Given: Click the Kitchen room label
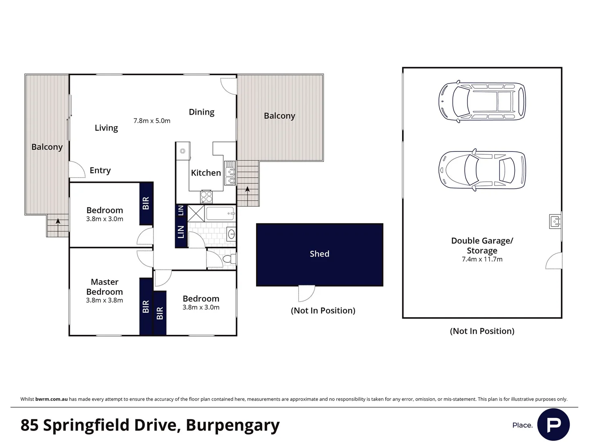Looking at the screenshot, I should [x=206, y=173].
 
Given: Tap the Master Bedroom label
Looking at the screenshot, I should [x=104, y=286].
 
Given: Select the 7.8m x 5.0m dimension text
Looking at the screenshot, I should [x=152, y=121].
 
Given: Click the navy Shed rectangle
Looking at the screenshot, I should [x=319, y=254].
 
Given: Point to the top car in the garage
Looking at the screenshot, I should [x=482, y=101].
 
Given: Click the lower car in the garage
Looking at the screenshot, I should [x=482, y=170].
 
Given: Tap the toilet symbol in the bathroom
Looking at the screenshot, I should [x=229, y=259].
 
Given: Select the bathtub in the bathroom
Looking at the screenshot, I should [x=220, y=213].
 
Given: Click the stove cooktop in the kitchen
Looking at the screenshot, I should [x=207, y=197].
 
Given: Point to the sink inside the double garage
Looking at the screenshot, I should [x=555, y=221].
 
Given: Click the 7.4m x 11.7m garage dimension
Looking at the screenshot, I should [x=482, y=259].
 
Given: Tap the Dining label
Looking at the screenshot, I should [x=201, y=112].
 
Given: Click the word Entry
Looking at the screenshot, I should [x=100, y=170].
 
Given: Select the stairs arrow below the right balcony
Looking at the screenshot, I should [x=247, y=189].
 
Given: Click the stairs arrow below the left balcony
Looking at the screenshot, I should [x=58, y=222].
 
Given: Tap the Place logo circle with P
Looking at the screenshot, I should [x=553, y=424].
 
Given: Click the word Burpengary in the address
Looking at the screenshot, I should [x=232, y=425].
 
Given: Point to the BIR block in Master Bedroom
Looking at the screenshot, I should [x=146, y=307].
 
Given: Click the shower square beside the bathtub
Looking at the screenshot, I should [x=196, y=213].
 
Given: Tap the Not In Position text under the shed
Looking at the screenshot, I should [x=323, y=311].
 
